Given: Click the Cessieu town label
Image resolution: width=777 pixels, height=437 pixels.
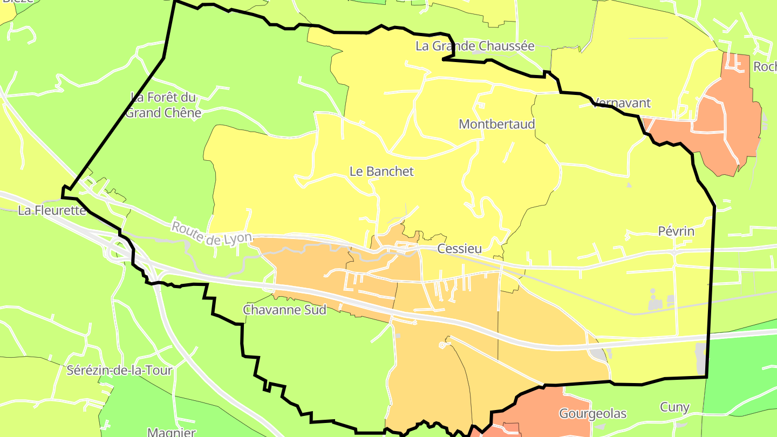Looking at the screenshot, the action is [x=459, y=249].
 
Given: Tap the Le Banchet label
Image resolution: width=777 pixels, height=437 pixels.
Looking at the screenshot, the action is [x=381, y=172].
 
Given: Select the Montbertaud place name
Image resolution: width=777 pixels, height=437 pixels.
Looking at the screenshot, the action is [x=496, y=124].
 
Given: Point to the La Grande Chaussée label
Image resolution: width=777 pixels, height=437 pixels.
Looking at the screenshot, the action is [x=475, y=46].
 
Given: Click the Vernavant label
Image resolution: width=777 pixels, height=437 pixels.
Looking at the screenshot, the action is [x=622, y=103].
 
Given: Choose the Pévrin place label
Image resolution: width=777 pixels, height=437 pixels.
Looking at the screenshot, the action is [x=676, y=231].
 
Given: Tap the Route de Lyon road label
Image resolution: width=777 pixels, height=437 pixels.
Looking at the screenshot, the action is [x=212, y=233].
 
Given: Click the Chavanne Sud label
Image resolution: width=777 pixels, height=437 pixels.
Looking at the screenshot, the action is [x=284, y=310].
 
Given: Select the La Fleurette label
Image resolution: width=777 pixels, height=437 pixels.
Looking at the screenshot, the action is [x=52, y=210].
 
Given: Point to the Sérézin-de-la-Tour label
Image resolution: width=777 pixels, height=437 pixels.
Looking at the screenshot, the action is [x=119, y=371].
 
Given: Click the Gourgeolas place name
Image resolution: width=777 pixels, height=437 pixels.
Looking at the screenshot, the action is [x=592, y=414].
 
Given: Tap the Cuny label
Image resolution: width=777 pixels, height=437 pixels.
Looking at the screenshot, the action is [x=674, y=407].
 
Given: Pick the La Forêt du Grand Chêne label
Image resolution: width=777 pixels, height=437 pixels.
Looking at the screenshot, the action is [x=163, y=105].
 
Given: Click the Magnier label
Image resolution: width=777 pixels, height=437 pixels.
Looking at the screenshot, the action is [x=171, y=432].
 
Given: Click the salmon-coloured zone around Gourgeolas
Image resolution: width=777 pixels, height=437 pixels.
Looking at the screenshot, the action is [x=545, y=410].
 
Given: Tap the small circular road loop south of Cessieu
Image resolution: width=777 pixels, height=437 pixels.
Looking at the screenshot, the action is [x=442, y=344].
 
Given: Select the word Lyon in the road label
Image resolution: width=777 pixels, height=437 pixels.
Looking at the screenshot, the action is [x=238, y=238].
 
